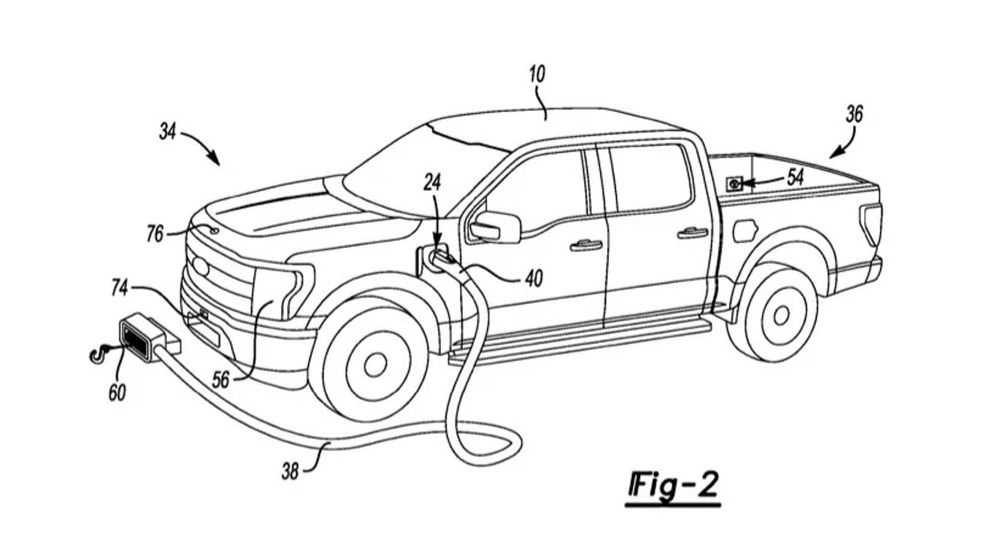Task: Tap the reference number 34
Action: pyautogui.click(x=168, y=132)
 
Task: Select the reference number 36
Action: pyautogui.click(x=855, y=114)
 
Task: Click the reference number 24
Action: pyautogui.click(x=432, y=183)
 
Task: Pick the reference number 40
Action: pyautogui.click(x=534, y=278)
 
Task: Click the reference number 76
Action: pyautogui.click(x=155, y=234)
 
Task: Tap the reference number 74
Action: pyautogui.click(x=120, y=288)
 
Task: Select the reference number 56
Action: pyautogui.click(x=220, y=380)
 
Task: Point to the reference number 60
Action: pyautogui.click(x=117, y=392)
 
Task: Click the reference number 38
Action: pyautogui.click(x=290, y=472)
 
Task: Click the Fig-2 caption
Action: pyautogui.click(x=673, y=485)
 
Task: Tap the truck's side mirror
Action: pyautogui.click(x=496, y=227)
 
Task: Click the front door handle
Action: pyautogui.click(x=585, y=245)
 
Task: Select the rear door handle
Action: pyautogui.click(x=692, y=233)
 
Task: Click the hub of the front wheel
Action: pyautogui.click(x=375, y=365)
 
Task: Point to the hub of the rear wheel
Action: pyautogui.click(x=781, y=315)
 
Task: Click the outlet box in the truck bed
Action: pyautogui.click(x=734, y=184)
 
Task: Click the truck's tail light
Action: pyautogui.click(x=871, y=224)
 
